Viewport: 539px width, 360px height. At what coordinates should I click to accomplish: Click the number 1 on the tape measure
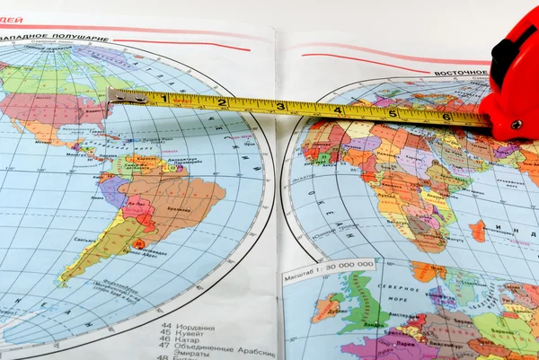click(164, 98)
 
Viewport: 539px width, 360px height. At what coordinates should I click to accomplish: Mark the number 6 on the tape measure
click(446, 117)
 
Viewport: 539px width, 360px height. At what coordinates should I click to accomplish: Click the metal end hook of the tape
click(114, 97)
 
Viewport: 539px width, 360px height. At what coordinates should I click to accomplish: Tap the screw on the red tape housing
click(515, 125)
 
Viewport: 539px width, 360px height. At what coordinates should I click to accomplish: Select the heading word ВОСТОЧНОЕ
click(461, 73)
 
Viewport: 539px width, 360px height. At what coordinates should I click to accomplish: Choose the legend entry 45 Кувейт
click(183, 335)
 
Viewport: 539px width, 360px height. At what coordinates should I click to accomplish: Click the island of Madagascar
click(477, 231)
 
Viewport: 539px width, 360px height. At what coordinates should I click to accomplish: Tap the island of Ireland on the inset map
click(327, 308)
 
